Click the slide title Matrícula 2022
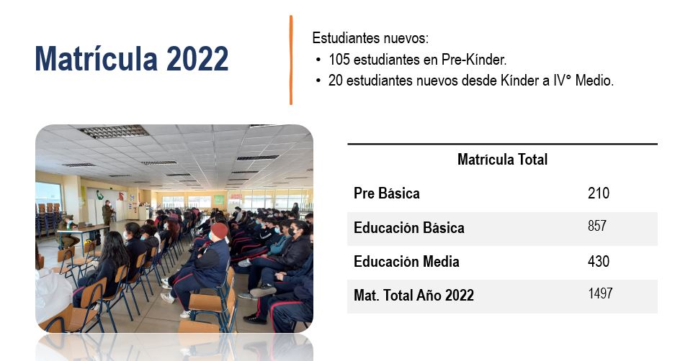pos(131,58)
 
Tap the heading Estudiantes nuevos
pos(370,38)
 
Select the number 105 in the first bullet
pos(339,59)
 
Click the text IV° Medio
pos(584,81)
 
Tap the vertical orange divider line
pos(291,60)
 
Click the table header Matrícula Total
pos(502,160)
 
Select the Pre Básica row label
pos(387,193)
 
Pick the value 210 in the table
pos(599,193)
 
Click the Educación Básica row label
pos(409,228)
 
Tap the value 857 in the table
pos(597,226)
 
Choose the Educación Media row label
pos(406,262)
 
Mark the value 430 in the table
pos(599,261)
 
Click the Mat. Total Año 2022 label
pos(414,296)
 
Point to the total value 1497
pos(600,293)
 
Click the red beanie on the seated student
pos(219,230)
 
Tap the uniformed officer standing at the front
pos(107,214)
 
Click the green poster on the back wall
pos(219,200)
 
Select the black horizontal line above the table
pos(502,144)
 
